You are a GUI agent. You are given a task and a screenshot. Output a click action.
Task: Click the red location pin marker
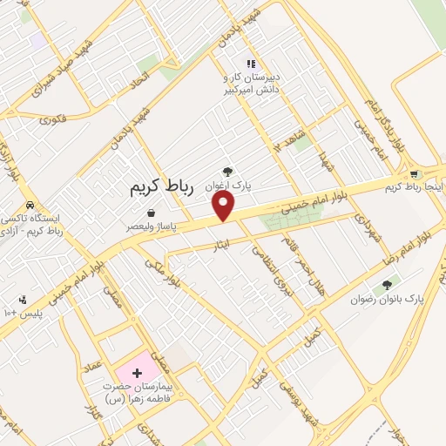click(224, 205)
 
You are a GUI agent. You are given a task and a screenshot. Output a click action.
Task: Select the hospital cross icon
click(136, 372)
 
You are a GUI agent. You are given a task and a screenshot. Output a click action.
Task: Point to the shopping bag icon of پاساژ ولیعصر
click(152, 213)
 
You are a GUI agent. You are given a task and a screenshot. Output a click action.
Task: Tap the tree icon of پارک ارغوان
click(227, 172)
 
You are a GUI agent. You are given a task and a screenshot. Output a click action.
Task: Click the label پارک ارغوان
click(227, 186)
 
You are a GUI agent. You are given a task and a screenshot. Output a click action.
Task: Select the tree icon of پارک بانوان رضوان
click(387, 284)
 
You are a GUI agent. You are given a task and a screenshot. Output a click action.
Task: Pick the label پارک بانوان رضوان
click(387, 298)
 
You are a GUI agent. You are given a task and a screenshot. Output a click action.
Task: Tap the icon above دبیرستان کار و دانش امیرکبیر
click(251, 64)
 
